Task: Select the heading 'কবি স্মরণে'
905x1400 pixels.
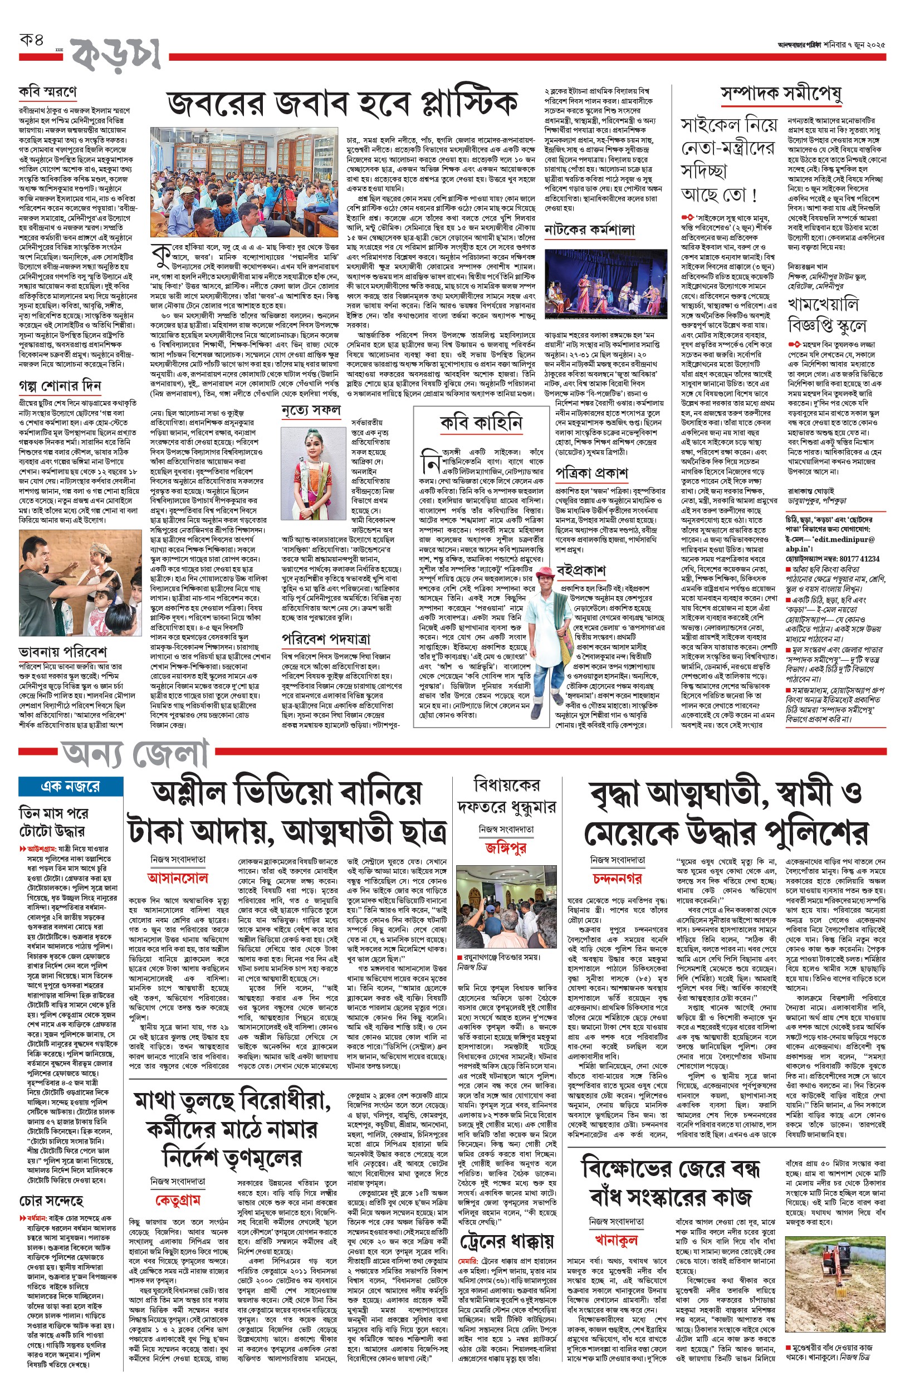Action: click(x=47, y=92)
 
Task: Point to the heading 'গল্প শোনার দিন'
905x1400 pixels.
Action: click(x=60, y=386)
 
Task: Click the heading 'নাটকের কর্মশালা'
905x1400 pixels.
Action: click(x=589, y=230)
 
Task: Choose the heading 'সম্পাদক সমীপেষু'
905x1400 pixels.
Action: click(x=781, y=94)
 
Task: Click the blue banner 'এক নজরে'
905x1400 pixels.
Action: click(x=71, y=786)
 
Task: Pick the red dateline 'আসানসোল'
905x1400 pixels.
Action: click(x=178, y=878)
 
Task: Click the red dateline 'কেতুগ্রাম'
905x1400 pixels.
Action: click(x=178, y=1199)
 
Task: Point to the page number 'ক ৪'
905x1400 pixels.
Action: click(x=32, y=41)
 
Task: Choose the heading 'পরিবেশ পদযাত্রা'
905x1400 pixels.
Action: click(x=326, y=639)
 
